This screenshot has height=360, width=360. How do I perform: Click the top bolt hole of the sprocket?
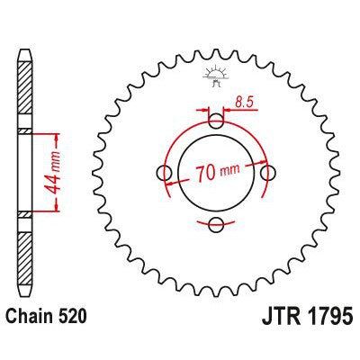[x=215, y=121]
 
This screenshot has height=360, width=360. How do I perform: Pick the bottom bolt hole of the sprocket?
[x=215, y=224]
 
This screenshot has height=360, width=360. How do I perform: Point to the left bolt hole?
[x=163, y=173]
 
